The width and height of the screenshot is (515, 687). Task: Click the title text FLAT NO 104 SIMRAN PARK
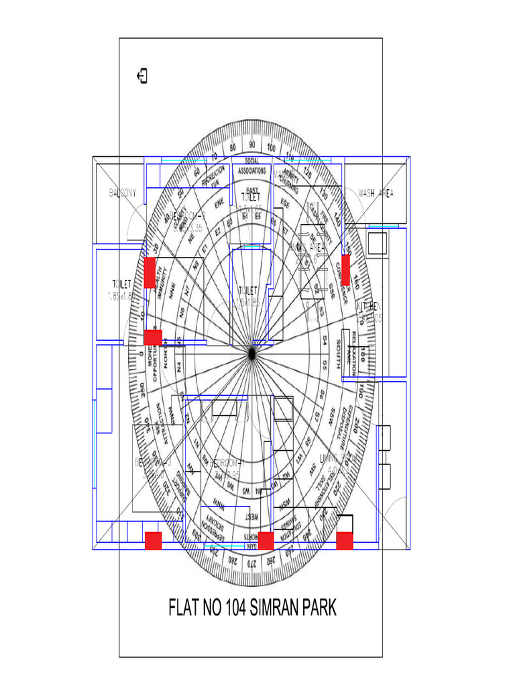[x=252, y=609]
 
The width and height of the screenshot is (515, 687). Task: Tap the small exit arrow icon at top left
[x=142, y=76]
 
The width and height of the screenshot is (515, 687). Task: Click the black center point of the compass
[x=251, y=354]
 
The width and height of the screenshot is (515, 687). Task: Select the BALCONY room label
[x=123, y=193]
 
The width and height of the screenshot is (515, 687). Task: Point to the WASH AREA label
[x=376, y=193]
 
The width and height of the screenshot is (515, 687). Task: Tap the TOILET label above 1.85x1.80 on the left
[x=121, y=284]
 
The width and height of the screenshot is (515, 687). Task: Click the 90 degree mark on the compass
[x=251, y=144]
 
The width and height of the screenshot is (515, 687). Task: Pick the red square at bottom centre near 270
[x=266, y=541]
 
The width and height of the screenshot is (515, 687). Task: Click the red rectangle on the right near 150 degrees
[x=346, y=265]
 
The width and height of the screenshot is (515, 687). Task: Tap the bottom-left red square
[x=154, y=540]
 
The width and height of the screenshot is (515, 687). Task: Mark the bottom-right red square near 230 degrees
[x=345, y=540]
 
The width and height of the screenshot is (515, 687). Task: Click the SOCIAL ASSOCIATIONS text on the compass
[x=251, y=166]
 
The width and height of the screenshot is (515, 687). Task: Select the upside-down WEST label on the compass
[x=251, y=517]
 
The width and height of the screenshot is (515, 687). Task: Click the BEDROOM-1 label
[x=225, y=464]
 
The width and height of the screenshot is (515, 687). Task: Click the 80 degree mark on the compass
[x=233, y=147]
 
